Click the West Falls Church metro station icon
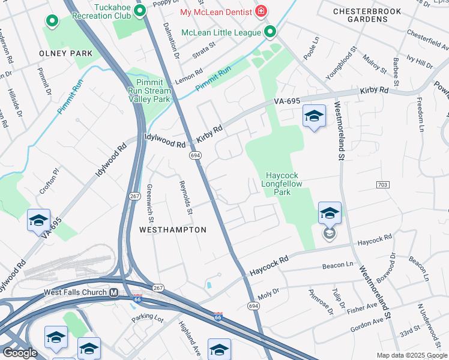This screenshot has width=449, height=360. pos(112,292)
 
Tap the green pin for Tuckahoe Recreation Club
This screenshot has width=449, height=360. pos(140,10)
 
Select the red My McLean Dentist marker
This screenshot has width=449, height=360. pos(261,11)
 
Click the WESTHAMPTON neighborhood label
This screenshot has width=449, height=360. pos(173,230)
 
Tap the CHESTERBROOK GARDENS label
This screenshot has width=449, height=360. pos(369,15)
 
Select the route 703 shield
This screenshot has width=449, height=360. pos(382,184)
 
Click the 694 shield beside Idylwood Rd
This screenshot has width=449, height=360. pos(195,155)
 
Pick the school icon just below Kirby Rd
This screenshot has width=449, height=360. pos(314,116)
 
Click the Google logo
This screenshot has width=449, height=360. pos(20,353)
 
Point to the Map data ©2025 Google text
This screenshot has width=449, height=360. pos(412,355)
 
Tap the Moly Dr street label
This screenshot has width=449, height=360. pos(268,293)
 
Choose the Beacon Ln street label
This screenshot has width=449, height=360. pos(338,265)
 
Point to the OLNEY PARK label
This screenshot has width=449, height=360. pos(66,53)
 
